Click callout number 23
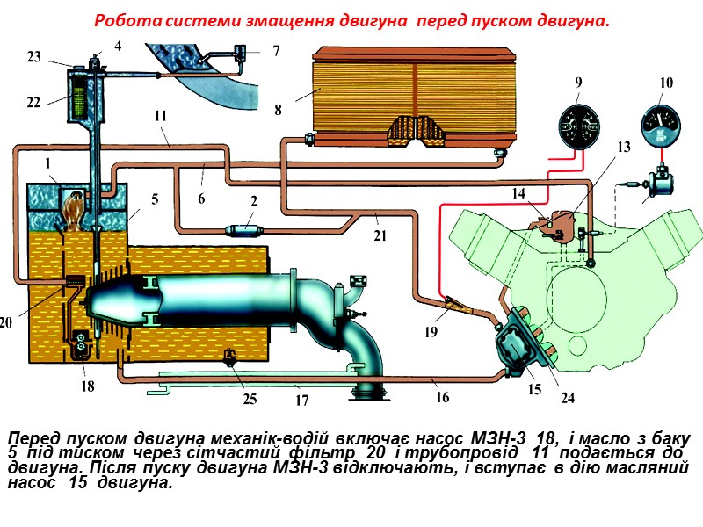tap(33, 57)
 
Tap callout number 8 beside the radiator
tap(278, 111)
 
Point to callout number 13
tap(623, 148)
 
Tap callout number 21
tap(378, 236)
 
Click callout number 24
tap(568, 397)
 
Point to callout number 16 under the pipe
tap(442, 397)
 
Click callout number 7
tap(276, 51)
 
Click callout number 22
tap(33, 102)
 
